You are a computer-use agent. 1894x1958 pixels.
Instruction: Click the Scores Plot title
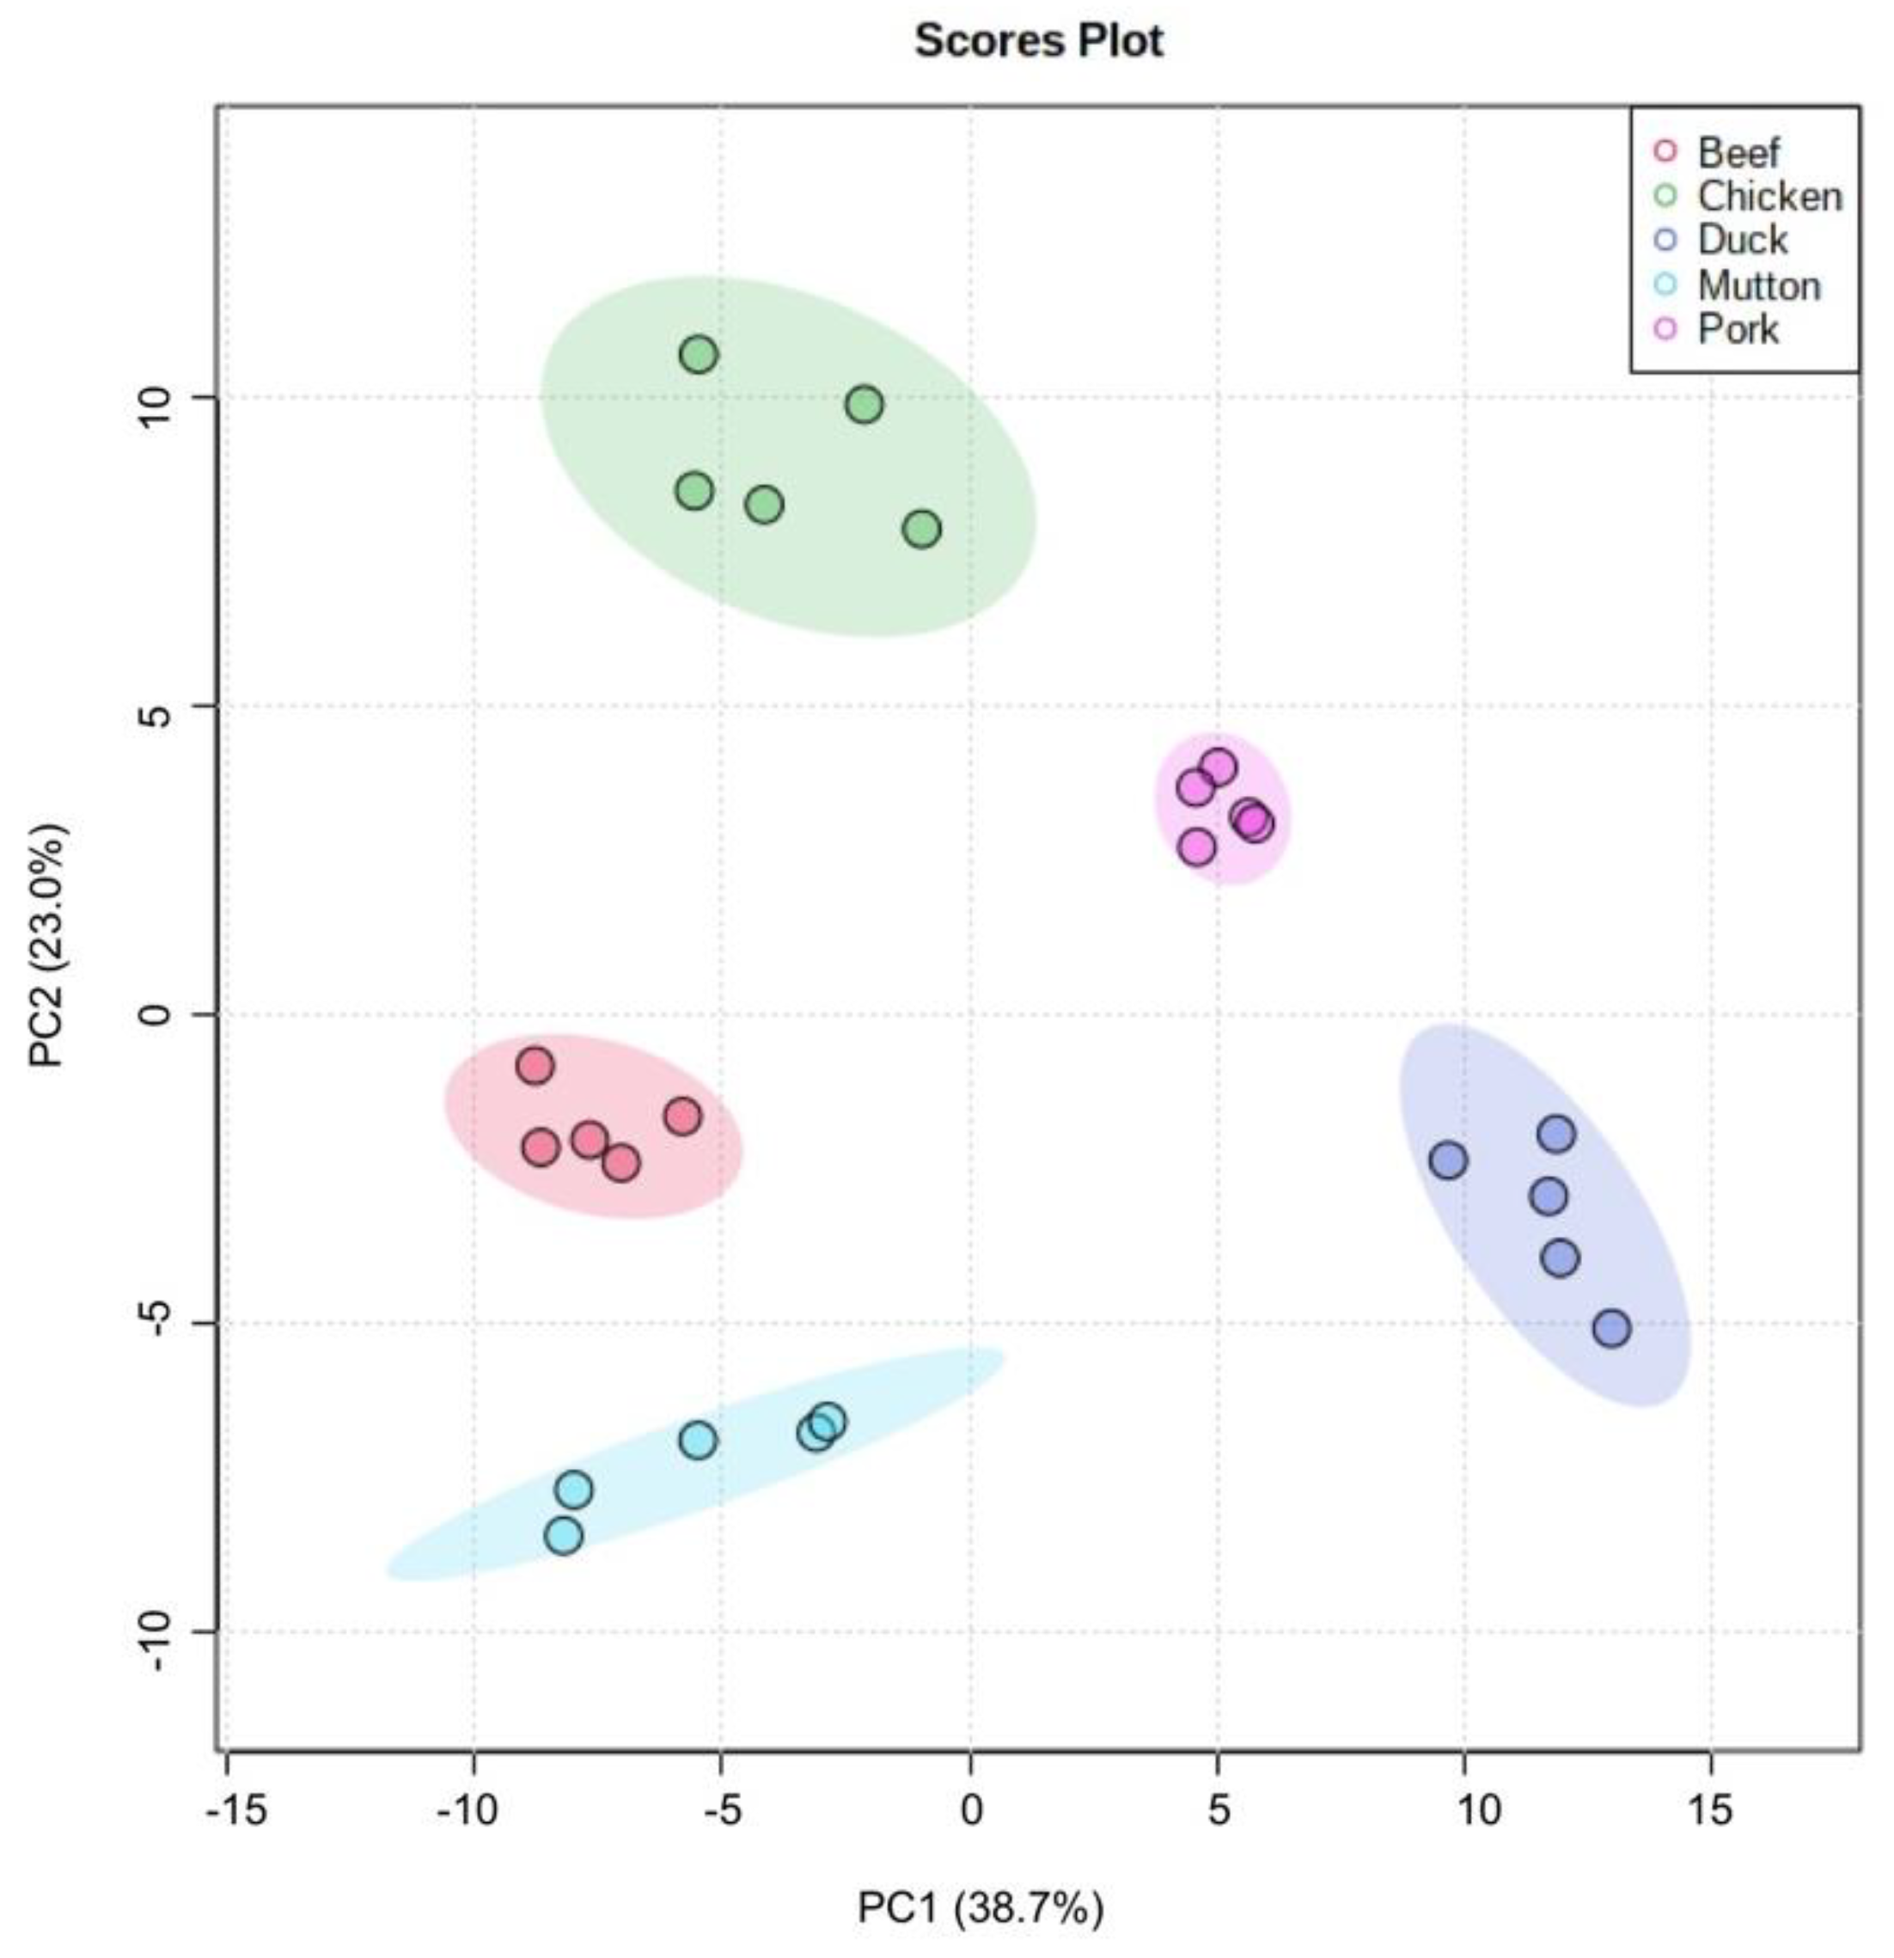point(1039,42)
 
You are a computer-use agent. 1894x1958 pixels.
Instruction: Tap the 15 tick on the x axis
point(1710,1810)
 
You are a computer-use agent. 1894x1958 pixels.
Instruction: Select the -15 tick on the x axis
point(238,1810)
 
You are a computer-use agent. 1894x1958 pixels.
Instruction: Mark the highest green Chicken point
point(700,353)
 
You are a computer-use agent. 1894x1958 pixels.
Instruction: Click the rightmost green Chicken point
point(922,529)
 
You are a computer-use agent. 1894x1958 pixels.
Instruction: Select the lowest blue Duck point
point(1611,1329)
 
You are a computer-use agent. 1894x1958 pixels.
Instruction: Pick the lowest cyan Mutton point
point(565,1534)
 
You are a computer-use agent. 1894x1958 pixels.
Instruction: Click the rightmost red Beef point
point(683,1116)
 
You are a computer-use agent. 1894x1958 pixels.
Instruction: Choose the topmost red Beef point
point(535,1066)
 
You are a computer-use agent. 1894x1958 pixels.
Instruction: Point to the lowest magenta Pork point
point(1197,848)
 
